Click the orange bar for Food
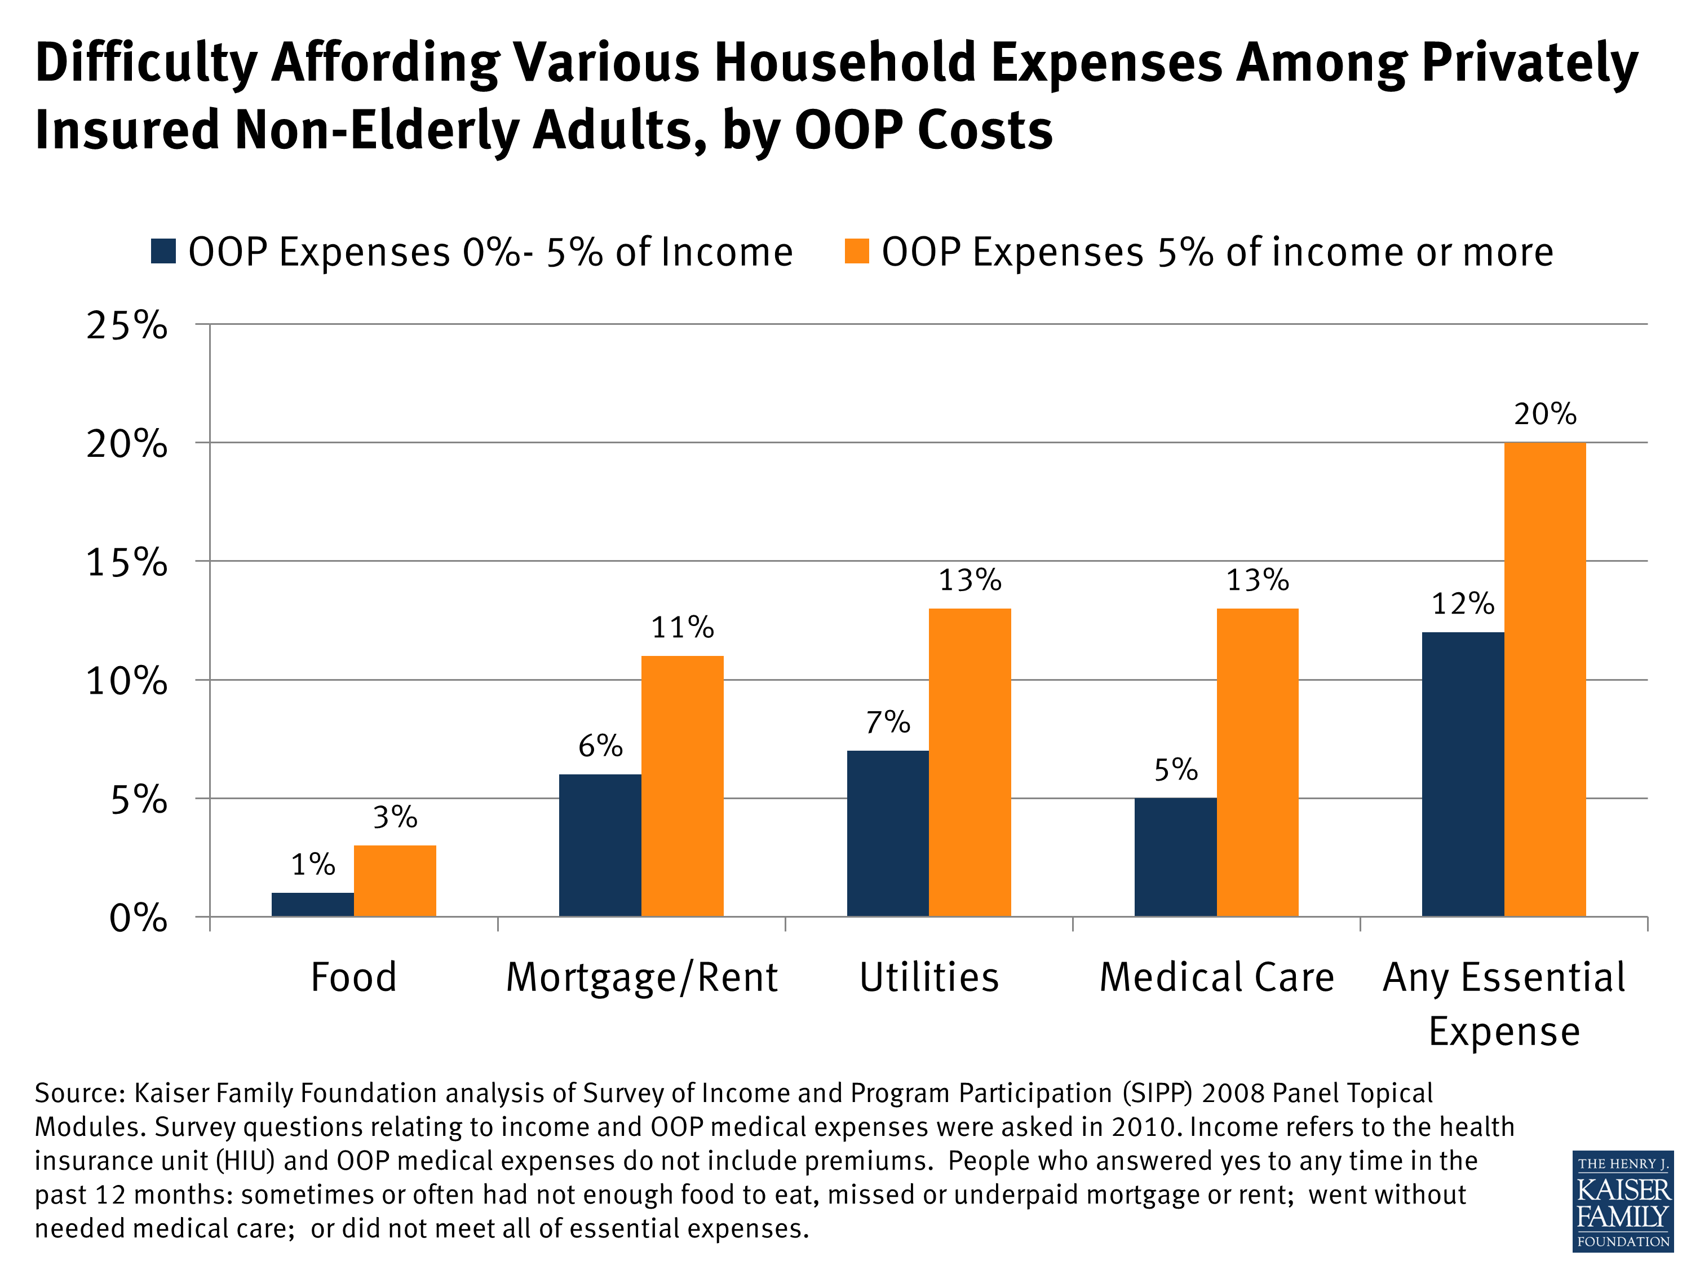(x=395, y=880)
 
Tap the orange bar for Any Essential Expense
(x=1544, y=679)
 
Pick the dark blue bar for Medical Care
(x=1175, y=857)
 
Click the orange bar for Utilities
(x=970, y=762)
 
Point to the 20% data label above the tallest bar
(x=1544, y=415)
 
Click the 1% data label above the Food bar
(x=313, y=865)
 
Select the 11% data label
(x=682, y=628)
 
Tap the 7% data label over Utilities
(x=888, y=722)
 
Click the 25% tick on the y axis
(x=127, y=326)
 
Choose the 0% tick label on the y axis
(x=138, y=918)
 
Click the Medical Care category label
(x=1216, y=977)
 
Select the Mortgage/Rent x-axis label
(x=641, y=977)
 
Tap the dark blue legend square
(x=163, y=251)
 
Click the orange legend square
(x=856, y=251)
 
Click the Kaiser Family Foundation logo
(x=1622, y=1200)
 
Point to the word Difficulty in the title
(x=145, y=63)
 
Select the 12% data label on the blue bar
(x=1462, y=604)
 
